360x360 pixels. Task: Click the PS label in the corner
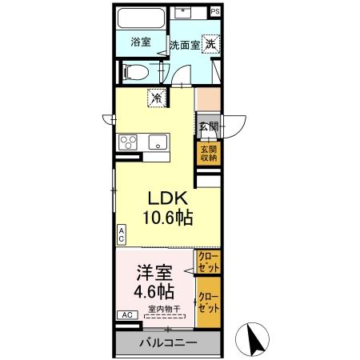(x=214, y=12)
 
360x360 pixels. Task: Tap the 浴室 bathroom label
(x=141, y=42)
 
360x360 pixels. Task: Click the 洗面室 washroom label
(x=184, y=45)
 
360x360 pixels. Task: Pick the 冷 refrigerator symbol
(x=156, y=98)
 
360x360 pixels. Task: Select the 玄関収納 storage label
(x=208, y=154)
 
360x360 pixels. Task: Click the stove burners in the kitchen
(x=129, y=142)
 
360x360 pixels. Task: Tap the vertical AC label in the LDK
(x=122, y=234)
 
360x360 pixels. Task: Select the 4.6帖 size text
(x=155, y=292)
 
